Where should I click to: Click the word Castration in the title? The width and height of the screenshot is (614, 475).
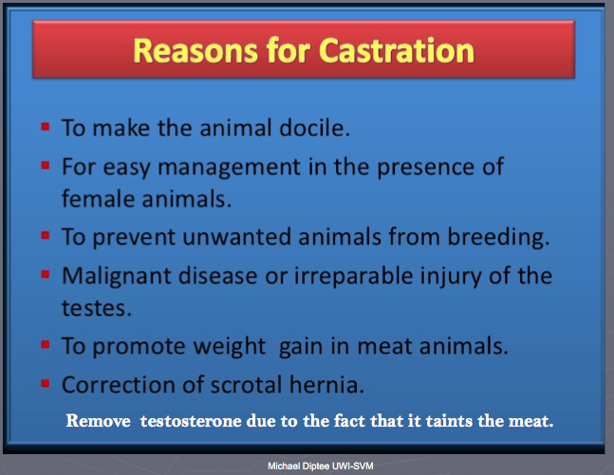(397, 50)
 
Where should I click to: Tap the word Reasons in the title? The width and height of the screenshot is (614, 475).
(195, 50)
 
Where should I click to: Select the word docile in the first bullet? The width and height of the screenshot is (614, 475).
(314, 128)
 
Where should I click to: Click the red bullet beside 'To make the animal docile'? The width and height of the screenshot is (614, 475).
(46, 127)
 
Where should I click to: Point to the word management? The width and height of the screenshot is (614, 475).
(229, 168)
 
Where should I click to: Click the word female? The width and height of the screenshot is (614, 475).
(99, 198)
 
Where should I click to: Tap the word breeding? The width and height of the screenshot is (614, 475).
(498, 238)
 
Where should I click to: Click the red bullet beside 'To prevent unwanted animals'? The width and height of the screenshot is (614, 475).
(46, 235)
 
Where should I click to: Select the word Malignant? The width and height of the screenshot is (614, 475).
(117, 277)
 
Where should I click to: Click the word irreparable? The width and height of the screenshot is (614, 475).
(354, 277)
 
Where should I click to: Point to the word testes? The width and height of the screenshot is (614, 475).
(97, 308)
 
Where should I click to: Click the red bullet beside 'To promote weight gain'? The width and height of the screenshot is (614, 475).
(46, 344)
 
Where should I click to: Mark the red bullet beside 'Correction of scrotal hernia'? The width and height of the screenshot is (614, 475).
(46, 383)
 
